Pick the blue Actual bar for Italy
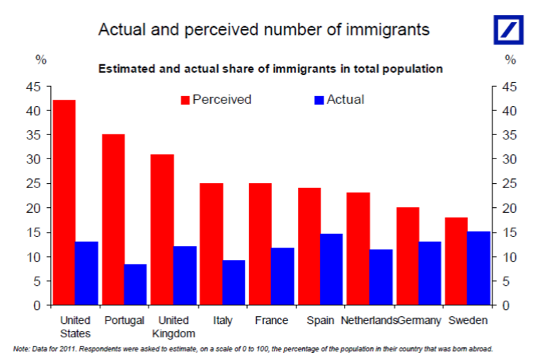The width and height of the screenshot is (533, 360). [x=234, y=283]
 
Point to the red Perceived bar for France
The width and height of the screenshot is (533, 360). [x=260, y=244]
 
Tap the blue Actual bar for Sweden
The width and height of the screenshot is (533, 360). [x=478, y=268]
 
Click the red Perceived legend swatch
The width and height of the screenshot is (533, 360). [x=186, y=100]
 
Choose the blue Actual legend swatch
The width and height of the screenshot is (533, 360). [x=319, y=100]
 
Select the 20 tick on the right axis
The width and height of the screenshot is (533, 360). [x=503, y=208]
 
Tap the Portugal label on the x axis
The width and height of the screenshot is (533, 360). [x=124, y=320]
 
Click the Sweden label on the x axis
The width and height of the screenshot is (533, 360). [x=468, y=320]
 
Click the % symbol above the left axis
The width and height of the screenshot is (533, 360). [x=40, y=60]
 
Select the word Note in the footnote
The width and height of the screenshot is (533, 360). [x=21, y=349]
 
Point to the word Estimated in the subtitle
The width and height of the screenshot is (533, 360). [x=122, y=69]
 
